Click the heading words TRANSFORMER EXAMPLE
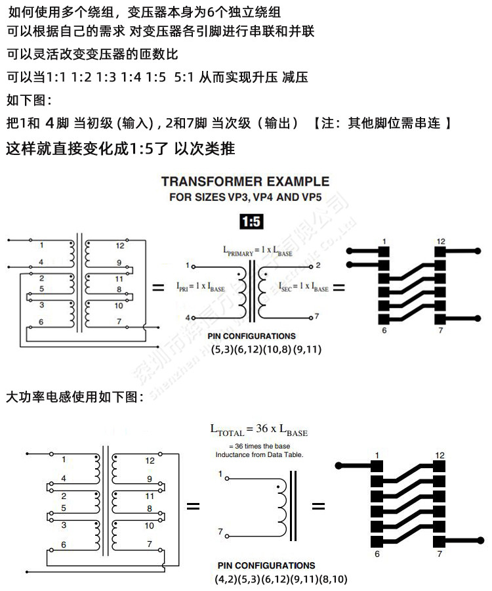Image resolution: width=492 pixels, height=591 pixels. click(245, 182)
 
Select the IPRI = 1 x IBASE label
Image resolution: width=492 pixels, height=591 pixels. click(201, 287)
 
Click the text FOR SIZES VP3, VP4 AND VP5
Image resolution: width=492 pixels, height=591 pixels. click(245, 197)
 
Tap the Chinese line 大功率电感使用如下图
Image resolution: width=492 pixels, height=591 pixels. click(73, 397)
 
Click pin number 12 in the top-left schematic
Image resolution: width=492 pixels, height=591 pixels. click(119, 246)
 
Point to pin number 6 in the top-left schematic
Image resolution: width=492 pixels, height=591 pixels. click(41, 322)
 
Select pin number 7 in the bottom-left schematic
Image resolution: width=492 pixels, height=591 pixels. click(150, 544)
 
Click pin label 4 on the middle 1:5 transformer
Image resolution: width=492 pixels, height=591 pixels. click(187, 318)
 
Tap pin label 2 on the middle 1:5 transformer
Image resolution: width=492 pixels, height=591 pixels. click(318, 265)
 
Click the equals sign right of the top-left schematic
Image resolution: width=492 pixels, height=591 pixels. click(157, 288)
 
